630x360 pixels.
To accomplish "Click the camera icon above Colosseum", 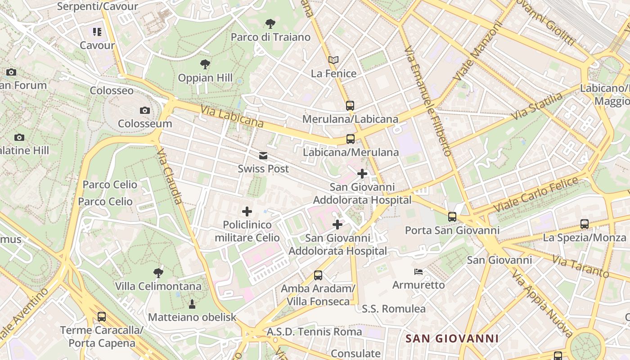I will tap(144, 110).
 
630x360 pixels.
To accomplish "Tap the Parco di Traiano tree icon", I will tap(270, 23).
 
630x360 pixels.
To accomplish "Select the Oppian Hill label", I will tap(205, 78).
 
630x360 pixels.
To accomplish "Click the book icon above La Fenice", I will tap(333, 60).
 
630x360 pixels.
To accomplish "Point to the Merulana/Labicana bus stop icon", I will tap(350, 106).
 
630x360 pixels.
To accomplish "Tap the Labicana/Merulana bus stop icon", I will tap(351, 139).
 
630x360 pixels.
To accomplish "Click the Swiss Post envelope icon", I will tap(263, 156).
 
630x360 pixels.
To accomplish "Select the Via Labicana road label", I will tap(232, 116).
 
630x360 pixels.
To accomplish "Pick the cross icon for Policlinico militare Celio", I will tap(247, 211).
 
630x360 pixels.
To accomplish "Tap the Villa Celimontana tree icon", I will tap(158, 272).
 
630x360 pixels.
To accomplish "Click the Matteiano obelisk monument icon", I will tap(192, 304).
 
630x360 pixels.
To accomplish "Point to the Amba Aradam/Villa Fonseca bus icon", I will tap(318, 275).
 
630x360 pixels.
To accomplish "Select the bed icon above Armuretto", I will tap(418, 271).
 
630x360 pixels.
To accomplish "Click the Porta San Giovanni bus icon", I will tap(452, 216).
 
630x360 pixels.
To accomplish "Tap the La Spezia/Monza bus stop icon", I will tap(584, 224).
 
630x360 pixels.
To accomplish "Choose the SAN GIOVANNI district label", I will tap(452, 338).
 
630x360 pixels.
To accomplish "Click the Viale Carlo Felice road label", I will tap(535, 194).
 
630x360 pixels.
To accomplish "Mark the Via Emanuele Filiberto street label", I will tap(427, 101).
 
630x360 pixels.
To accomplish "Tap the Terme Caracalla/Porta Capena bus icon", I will tap(102, 316).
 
